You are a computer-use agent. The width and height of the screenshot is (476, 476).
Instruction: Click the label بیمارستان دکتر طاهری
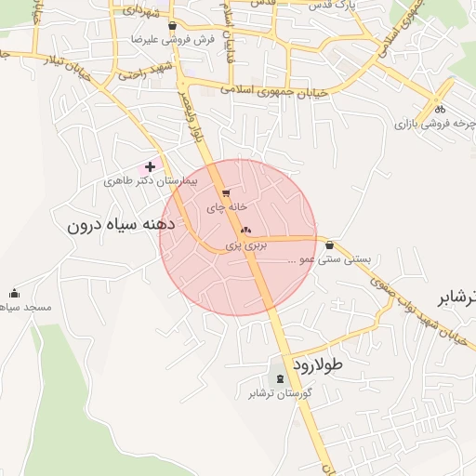pyautogui.click(x=151, y=182)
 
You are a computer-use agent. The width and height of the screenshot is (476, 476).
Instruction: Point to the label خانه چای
pyautogui.click(x=229, y=205)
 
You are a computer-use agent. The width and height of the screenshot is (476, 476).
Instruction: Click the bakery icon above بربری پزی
pyautogui.click(x=245, y=230)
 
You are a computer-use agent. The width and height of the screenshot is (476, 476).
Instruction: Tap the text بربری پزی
pyautogui.click(x=246, y=245)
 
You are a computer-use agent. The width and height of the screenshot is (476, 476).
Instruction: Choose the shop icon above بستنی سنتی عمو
pyautogui.click(x=330, y=245)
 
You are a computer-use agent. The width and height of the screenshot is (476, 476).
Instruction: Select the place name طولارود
pyautogui.click(x=317, y=364)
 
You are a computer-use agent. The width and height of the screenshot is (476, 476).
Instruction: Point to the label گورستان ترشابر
pyautogui.click(x=279, y=393)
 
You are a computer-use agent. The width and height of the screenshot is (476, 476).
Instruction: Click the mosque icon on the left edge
pyautogui.click(x=14, y=293)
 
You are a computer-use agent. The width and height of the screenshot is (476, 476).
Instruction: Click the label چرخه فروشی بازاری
pyautogui.click(x=433, y=123)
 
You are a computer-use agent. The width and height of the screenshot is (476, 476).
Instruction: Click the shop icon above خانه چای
pyautogui.click(x=227, y=192)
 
